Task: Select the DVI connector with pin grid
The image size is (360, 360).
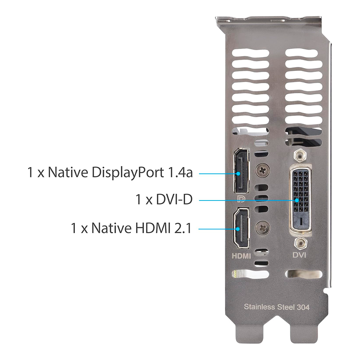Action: [301, 200]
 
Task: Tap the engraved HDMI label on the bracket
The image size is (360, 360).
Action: [241, 256]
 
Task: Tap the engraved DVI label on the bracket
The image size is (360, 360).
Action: [300, 255]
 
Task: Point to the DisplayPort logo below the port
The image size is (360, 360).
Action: [241, 199]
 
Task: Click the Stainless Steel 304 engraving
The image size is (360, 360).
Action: [276, 307]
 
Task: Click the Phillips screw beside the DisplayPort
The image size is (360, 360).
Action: [263, 170]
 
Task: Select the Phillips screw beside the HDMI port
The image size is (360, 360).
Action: [263, 228]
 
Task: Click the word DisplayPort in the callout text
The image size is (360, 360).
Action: [128, 173]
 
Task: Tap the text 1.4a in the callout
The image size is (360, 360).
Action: [180, 172]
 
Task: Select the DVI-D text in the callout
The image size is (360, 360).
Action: [174, 199]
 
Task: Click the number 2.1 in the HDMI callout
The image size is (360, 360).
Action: [183, 228]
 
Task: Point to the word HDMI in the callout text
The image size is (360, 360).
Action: [153, 228]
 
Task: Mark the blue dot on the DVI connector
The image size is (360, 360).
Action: [297, 200]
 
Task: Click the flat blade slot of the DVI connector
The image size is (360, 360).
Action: [301, 221]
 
